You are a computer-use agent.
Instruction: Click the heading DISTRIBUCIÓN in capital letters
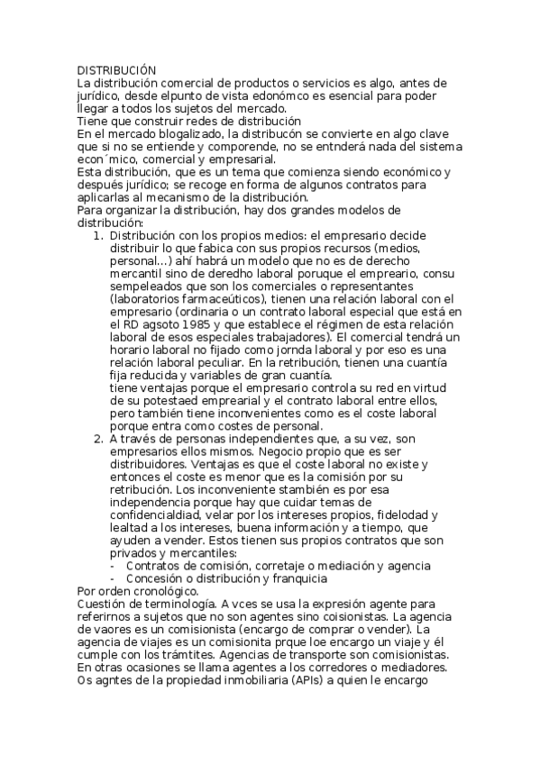click(116, 70)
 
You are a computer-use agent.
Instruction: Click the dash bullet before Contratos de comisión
click(112, 565)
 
